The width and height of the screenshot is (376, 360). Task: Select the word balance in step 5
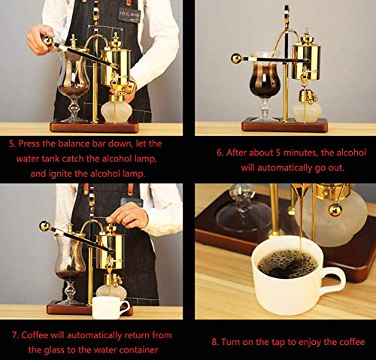coord(85,142)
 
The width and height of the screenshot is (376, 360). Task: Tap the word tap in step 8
coord(277,341)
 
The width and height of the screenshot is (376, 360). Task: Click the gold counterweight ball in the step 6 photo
coord(236,57)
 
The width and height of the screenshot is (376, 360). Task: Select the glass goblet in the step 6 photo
coord(264,83)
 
